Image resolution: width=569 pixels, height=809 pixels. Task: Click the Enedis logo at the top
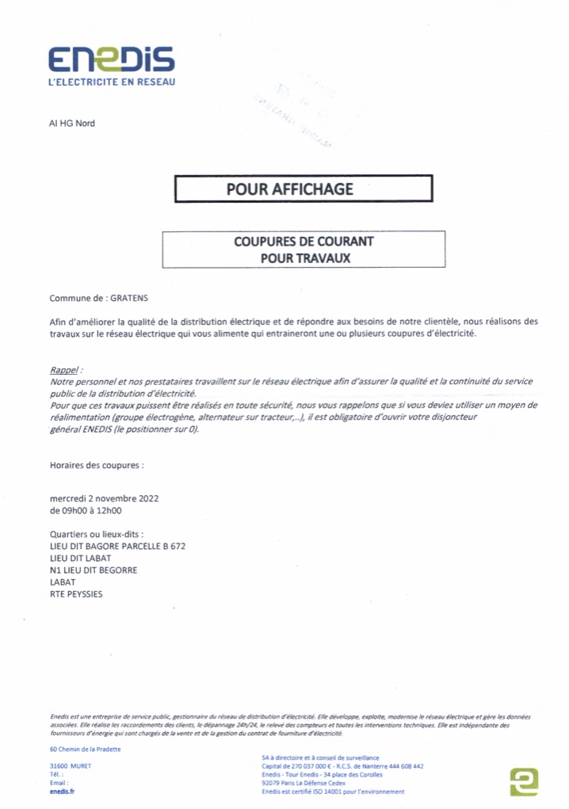(x=112, y=59)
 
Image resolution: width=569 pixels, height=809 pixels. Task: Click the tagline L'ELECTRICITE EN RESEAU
(x=112, y=82)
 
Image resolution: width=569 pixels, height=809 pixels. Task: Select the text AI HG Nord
(x=72, y=124)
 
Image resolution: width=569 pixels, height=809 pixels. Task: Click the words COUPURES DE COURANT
(x=304, y=241)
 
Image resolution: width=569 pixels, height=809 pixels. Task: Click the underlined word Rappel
(x=65, y=370)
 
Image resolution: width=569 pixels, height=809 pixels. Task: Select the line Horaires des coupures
(x=97, y=465)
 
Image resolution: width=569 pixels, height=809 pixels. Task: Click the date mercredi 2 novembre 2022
(x=104, y=499)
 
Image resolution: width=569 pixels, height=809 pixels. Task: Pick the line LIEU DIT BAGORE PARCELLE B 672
(x=117, y=546)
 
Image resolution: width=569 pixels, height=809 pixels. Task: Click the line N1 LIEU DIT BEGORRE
(x=93, y=570)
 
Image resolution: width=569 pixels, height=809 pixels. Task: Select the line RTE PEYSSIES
(x=76, y=593)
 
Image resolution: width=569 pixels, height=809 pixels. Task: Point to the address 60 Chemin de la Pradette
(x=85, y=749)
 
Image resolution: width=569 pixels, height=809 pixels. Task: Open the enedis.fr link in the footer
(x=61, y=791)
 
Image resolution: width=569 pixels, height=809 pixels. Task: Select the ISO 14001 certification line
(x=333, y=791)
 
